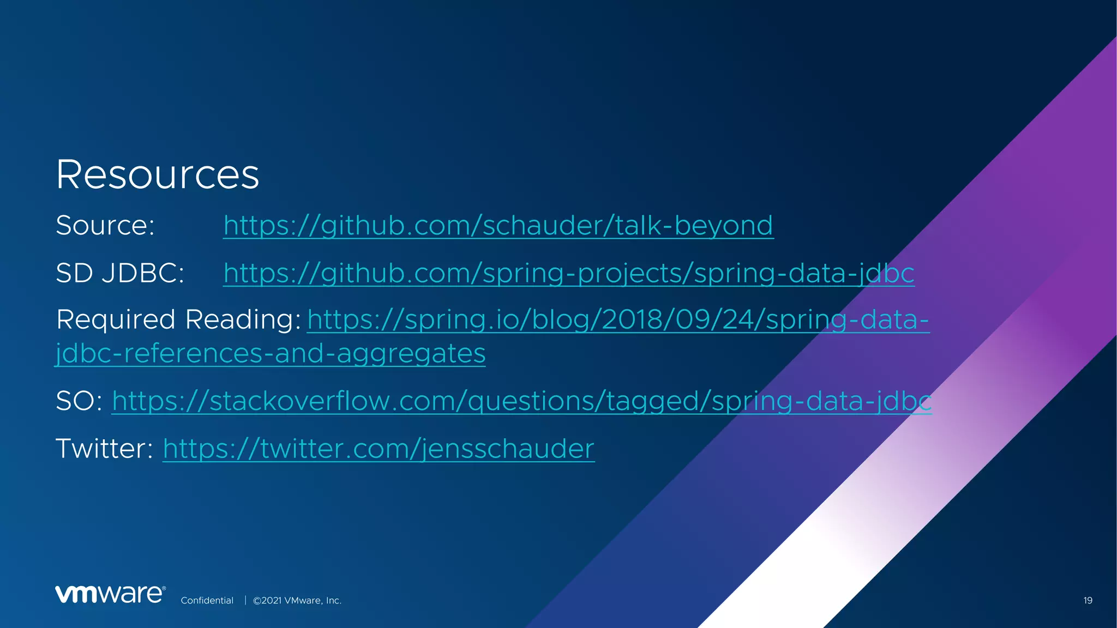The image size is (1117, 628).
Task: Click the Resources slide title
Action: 157,174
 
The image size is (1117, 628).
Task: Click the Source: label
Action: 105,225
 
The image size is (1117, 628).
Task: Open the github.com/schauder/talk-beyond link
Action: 498,225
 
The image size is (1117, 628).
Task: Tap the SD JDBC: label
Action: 120,273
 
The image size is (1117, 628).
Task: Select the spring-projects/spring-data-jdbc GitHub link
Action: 568,273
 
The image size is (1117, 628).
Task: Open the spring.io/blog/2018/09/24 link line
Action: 618,319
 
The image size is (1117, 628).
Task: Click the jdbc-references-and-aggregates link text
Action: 271,353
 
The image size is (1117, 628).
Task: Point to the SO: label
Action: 79,401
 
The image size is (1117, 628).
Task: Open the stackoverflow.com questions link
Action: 521,401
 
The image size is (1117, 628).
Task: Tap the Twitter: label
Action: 104,449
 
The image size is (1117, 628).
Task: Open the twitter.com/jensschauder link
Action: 378,449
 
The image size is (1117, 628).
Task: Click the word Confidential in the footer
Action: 207,600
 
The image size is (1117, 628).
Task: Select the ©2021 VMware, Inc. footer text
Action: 297,600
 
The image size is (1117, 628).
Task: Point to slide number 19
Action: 1088,600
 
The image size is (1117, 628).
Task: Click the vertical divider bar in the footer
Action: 245,600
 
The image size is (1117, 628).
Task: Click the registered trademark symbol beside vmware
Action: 164,589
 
